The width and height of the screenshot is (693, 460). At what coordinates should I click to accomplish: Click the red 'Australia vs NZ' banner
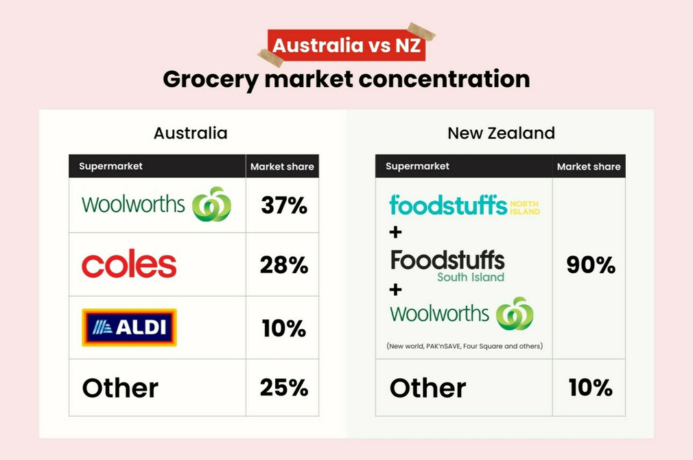[346, 46]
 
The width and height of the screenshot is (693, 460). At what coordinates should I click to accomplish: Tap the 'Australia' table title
[190, 133]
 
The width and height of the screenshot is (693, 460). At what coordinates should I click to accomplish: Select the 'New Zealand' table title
[501, 133]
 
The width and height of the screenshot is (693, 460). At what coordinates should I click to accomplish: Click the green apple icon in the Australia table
[211, 205]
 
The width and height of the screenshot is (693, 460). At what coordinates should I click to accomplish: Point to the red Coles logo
[129, 265]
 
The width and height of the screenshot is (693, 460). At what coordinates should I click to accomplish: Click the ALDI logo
[129, 327]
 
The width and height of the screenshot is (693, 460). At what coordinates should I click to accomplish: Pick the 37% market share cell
[283, 205]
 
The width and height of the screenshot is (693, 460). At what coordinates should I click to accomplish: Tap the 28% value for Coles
[283, 265]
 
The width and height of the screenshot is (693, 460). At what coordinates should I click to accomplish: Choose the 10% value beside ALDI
[283, 328]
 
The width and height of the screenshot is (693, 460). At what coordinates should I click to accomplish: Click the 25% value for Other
[283, 388]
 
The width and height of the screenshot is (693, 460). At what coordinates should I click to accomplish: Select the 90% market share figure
[590, 265]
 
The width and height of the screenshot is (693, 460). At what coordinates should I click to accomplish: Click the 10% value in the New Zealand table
[590, 388]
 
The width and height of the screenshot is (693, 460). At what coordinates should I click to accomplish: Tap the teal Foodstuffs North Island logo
[464, 205]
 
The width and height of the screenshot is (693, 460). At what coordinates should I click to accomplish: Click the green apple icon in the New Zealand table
[515, 314]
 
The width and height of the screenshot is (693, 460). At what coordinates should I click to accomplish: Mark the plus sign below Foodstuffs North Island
[395, 233]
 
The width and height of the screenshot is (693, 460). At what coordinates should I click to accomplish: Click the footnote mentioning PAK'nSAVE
[464, 346]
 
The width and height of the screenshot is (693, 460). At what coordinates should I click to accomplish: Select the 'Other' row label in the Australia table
[120, 388]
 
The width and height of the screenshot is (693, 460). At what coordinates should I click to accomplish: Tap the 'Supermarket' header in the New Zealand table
[417, 166]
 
